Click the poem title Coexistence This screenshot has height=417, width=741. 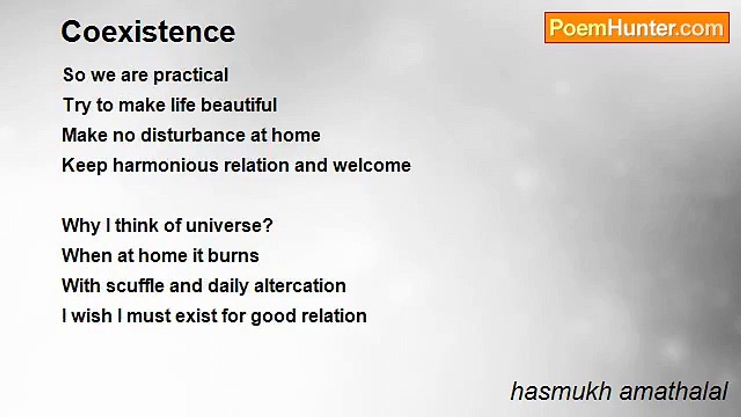148,32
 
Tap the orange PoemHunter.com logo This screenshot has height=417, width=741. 637,28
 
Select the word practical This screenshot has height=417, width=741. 191,76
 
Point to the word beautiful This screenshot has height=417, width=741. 239,105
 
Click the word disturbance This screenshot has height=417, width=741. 193,136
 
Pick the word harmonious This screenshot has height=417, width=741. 166,165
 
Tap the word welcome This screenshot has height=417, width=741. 372,165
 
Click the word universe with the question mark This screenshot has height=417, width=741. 229,226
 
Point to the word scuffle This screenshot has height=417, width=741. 135,286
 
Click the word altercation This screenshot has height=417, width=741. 300,286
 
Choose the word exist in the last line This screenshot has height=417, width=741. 196,316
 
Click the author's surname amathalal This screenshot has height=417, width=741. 673,392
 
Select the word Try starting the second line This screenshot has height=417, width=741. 77,106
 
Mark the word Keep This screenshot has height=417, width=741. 85,166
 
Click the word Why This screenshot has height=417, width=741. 81,226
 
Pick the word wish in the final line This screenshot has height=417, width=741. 91,316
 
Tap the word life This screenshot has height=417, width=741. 183,105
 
